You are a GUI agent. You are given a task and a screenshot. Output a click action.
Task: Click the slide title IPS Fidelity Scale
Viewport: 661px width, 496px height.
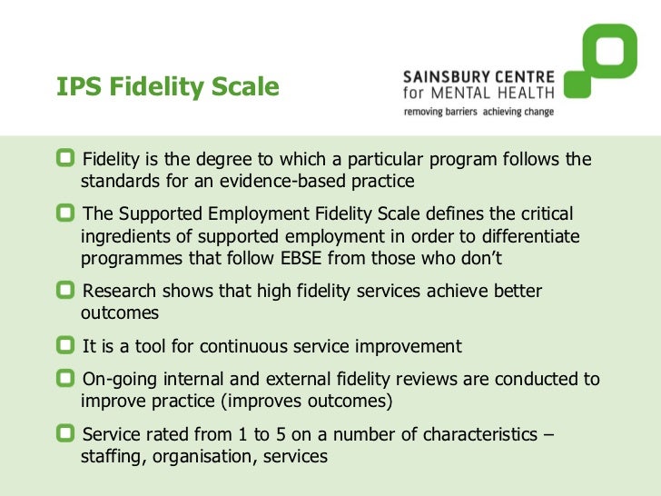[167, 87]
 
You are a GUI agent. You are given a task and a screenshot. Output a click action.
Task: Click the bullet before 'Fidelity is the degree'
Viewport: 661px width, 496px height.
[65, 160]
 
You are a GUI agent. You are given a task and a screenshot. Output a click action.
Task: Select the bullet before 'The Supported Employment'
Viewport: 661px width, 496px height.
[65, 213]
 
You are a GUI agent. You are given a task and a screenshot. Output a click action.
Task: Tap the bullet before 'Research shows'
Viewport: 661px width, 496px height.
[65, 291]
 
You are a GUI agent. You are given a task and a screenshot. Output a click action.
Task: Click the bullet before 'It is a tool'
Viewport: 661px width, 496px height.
[65, 345]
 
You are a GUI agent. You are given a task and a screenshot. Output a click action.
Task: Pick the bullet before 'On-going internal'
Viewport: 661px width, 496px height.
[65, 379]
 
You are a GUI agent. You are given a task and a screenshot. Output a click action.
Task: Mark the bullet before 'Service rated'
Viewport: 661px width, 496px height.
[65, 434]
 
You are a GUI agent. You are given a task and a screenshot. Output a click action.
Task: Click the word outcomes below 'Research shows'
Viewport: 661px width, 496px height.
[120, 312]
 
